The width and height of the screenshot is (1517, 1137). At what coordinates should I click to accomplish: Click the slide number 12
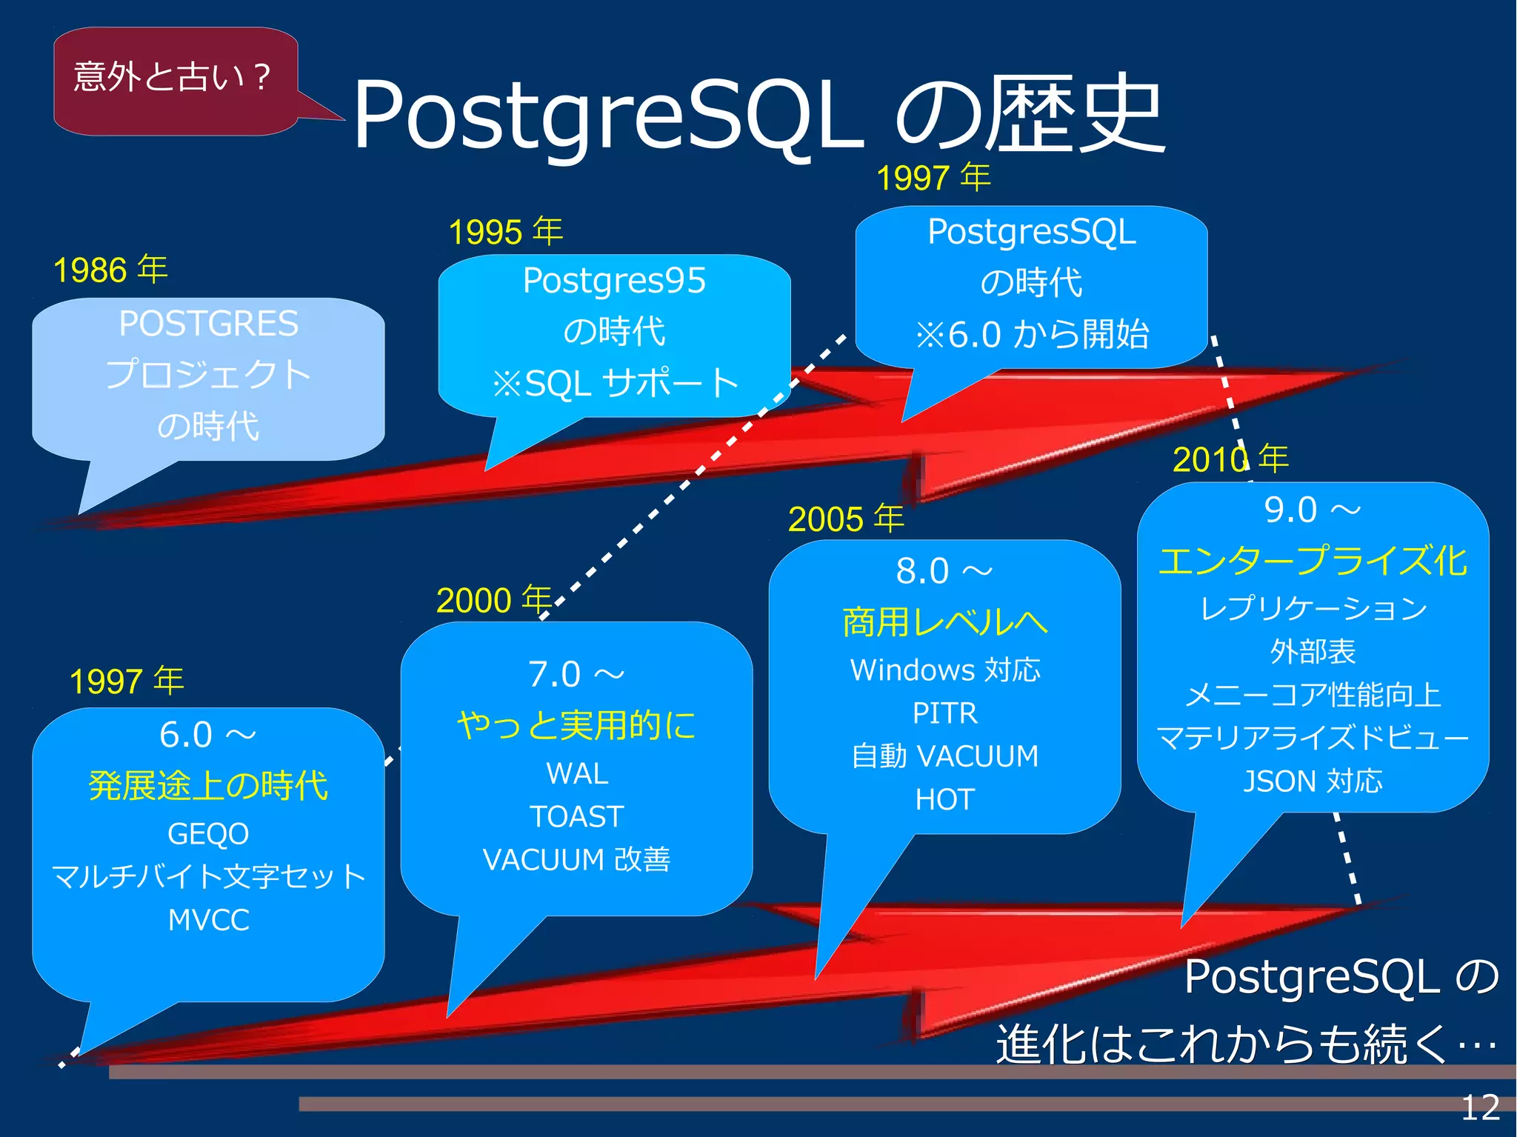1479,1107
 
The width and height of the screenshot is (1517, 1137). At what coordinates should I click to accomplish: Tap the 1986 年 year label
110,270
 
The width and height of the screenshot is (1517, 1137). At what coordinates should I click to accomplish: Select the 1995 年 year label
506,232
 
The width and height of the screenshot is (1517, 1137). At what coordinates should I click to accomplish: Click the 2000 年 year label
493,599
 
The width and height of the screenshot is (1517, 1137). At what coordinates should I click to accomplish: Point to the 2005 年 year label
846,519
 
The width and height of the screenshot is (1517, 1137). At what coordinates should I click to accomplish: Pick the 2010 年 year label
1230,459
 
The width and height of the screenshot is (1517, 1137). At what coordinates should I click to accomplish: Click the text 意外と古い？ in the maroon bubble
173,77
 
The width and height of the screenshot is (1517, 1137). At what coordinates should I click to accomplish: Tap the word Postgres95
614,281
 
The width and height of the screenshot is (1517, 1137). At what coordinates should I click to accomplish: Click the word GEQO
208,834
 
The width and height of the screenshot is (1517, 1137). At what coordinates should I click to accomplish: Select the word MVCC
208,920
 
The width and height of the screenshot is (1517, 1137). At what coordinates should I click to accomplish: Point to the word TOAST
576,817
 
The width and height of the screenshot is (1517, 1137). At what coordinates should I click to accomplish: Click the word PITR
944,713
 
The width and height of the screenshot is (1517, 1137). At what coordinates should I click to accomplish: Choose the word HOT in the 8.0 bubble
944,800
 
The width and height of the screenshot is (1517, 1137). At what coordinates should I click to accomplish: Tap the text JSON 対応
1313,781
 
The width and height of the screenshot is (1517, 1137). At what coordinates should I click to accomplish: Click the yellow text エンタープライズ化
1313,561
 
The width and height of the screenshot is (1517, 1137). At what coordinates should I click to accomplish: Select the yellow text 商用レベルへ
944,622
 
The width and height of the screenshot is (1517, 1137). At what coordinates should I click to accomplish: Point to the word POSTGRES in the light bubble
208,324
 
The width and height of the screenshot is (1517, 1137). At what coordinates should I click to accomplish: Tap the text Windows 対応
944,670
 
